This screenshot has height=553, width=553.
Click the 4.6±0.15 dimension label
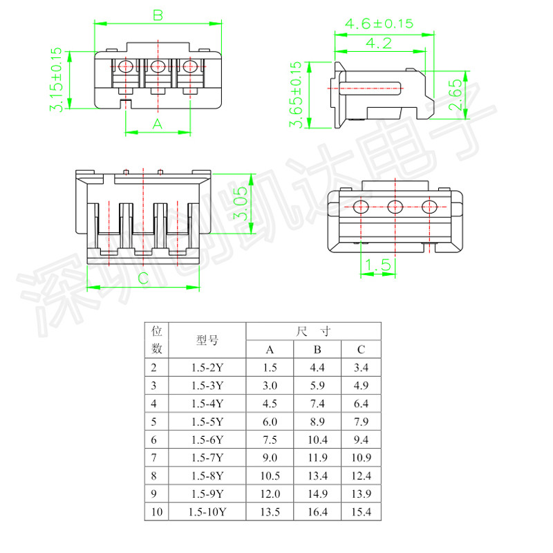coord(379,24)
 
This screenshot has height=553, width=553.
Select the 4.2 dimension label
coord(378,43)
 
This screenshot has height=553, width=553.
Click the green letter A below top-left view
coord(157,124)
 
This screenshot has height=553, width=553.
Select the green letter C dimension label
coord(142,279)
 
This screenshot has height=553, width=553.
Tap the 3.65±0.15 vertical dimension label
coord(296,95)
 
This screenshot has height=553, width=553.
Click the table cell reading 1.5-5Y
coord(207,422)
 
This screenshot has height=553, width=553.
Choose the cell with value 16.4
coord(317,512)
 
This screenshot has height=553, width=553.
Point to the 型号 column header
coord(207,340)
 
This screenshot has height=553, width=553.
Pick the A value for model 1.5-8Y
coord(270,476)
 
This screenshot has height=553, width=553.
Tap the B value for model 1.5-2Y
coord(317,368)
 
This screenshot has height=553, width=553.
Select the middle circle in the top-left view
coord(158,67)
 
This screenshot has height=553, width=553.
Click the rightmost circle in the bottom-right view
coord(430,206)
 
